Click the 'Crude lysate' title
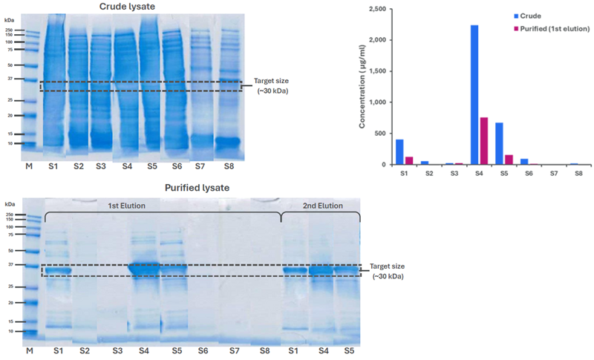click(133, 7)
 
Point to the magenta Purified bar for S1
click(408, 160)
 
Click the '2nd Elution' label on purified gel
click(322, 206)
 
